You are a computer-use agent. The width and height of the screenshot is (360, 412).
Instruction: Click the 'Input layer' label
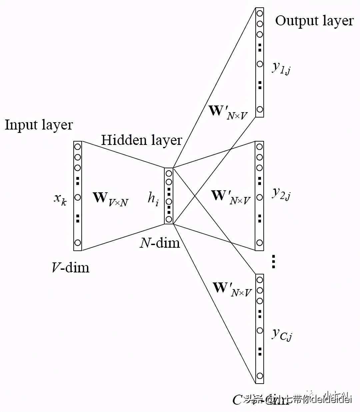pos(39,125)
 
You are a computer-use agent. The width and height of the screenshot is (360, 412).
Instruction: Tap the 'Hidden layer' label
pos(141,140)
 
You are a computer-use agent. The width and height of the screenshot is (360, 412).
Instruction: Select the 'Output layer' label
pos(314,21)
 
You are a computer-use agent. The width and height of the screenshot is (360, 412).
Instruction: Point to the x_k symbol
pos(60,199)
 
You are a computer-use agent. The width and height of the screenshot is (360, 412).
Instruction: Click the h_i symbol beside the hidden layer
pos(153,199)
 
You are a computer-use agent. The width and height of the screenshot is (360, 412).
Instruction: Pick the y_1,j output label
pos(281,67)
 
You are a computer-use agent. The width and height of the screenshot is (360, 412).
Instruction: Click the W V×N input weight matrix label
pos(110,198)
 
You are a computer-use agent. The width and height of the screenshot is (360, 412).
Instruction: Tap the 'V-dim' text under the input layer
pos(71,267)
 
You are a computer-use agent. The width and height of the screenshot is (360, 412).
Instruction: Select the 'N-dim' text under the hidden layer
pos(160,243)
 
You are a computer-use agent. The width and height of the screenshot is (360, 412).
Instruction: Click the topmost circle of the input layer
pos(78,147)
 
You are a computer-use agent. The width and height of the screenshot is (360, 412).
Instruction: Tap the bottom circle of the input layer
pos(78,243)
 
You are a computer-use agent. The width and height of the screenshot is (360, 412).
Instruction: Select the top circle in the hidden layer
pos(169,174)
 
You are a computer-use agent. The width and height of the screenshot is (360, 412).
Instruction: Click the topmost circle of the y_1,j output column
pos(259,13)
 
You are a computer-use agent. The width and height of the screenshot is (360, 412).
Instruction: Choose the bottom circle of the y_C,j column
pos(260,376)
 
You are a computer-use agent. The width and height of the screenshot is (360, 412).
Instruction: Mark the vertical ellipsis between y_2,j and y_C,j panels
pos(273,262)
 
